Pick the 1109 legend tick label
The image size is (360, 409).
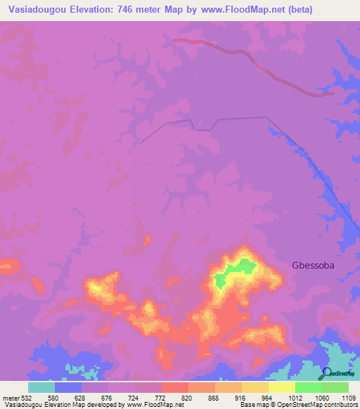pyautogui.click(x=347, y=397)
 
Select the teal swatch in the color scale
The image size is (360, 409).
pyautogui.click(x=41, y=387)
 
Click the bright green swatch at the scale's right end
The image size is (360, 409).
pyautogui.click(x=335, y=387)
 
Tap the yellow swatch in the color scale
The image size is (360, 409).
pyautogui.click(x=282, y=387)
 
